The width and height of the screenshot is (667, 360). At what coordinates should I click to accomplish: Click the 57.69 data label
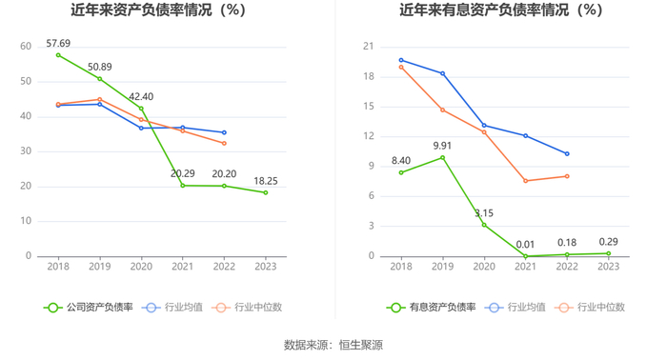(x=58, y=44)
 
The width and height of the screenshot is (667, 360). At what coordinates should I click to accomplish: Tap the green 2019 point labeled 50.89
(x=99, y=79)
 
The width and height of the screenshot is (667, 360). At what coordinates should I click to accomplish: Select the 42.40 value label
(x=141, y=96)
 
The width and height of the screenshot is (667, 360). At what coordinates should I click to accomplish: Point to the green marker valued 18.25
(x=266, y=192)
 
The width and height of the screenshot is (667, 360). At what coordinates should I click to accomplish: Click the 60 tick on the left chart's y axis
(x=26, y=47)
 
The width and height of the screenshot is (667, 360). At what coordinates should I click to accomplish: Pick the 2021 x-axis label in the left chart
(x=183, y=267)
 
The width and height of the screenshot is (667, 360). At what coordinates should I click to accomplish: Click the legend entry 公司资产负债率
(x=89, y=308)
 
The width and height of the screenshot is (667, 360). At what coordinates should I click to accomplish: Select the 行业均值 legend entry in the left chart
(x=172, y=308)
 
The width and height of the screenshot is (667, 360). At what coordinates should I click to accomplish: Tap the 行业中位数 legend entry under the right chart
(x=590, y=308)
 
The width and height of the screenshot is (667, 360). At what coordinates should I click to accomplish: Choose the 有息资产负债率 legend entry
(x=432, y=308)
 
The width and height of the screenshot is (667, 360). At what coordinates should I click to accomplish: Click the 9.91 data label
(x=442, y=146)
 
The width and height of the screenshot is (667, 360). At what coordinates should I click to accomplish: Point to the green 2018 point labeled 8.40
(x=401, y=172)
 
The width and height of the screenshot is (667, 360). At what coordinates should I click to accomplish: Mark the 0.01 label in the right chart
(x=525, y=245)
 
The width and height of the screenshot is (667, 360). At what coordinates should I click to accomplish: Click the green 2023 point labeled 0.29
(x=609, y=253)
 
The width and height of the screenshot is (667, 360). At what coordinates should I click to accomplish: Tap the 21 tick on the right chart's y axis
(x=369, y=47)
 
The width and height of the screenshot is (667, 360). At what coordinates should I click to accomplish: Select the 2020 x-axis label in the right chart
(x=484, y=267)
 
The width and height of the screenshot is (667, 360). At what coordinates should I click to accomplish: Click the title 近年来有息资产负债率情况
(x=484, y=10)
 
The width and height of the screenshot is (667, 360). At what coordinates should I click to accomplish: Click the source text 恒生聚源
(x=361, y=345)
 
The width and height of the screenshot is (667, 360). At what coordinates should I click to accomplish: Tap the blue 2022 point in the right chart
(x=567, y=154)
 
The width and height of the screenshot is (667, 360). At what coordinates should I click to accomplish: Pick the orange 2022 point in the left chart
(x=224, y=143)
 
